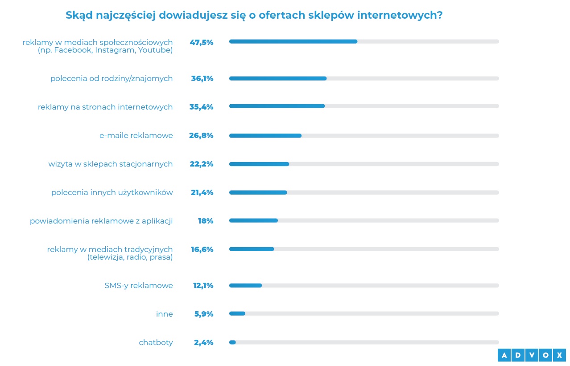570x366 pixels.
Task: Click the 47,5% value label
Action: pyautogui.click(x=202, y=43)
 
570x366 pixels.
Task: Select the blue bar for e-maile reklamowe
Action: pyautogui.click(x=265, y=135)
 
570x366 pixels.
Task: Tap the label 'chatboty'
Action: pyautogui.click(x=156, y=342)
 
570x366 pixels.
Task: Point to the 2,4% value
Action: pyautogui.click(x=203, y=342)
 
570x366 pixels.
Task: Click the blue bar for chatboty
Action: pyautogui.click(x=232, y=342)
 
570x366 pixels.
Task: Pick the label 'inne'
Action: pyautogui.click(x=164, y=314)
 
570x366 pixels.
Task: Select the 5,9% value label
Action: pyautogui.click(x=203, y=314)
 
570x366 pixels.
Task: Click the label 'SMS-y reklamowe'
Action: pyautogui.click(x=138, y=285)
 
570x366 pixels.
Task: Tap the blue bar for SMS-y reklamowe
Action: pyautogui.click(x=245, y=285)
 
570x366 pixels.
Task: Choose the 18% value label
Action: pyautogui.click(x=206, y=221)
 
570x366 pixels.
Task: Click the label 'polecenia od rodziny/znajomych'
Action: pyautogui.click(x=112, y=78)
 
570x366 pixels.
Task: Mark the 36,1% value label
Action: pyautogui.click(x=202, y=78)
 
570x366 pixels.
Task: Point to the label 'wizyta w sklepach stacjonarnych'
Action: pyautogui.click(x=111, y=164)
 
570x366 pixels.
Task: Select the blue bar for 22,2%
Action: pyautogui.click(x=259, y=164)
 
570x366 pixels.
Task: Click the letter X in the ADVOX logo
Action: pyautogui.click(x=558, y=355)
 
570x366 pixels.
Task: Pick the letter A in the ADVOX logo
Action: pyautogui.click(x=504, y=355)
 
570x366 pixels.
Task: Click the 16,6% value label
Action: pyautogui.click(x=202, y=249)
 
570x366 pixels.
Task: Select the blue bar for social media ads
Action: pyautogui.click(x=293, y=41)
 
